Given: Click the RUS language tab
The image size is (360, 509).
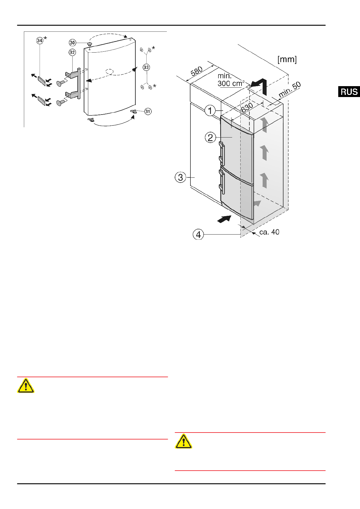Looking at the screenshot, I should click(349, 92).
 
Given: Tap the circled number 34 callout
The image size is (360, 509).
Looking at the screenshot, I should click(40, 41).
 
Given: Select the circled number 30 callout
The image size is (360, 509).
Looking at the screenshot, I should click(73, 43).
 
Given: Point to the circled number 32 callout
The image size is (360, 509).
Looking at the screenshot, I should click(72, 52).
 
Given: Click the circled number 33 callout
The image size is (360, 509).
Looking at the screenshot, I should click(146, 67).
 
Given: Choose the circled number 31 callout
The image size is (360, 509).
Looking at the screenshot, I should click(148, 112).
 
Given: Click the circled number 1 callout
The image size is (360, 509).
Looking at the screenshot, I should click(210, 111).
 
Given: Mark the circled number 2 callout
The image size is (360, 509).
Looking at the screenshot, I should click(210, 138).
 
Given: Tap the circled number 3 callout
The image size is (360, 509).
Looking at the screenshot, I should click(180, 177).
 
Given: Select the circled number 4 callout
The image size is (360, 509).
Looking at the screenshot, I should click(198, 235).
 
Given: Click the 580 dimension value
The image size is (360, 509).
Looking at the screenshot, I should click(196, 72).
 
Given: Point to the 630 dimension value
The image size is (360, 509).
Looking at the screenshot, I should click(247, 107).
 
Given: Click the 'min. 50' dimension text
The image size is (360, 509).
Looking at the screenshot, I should click(290, 89).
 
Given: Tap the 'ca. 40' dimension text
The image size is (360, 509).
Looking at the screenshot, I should click(269, 232).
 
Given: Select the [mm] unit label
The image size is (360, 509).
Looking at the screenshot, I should click(287, 59).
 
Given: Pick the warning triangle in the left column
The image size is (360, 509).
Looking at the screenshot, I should click(26, 386).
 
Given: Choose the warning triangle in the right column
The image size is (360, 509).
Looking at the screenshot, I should click(183, 441).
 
